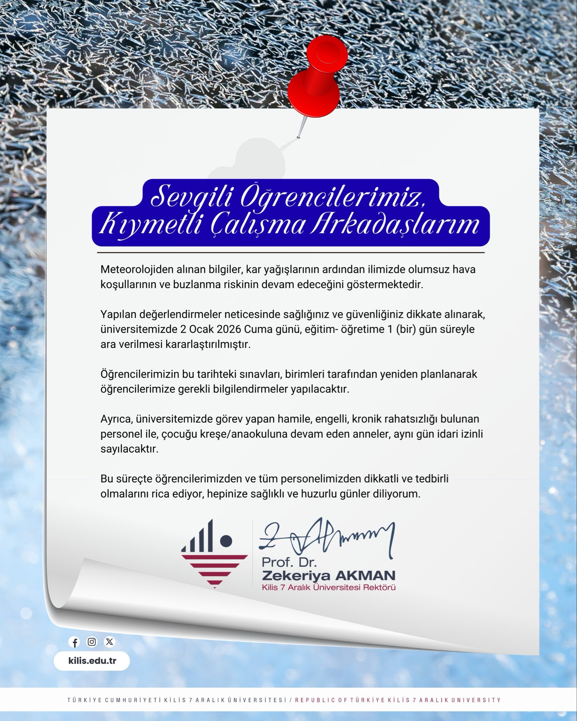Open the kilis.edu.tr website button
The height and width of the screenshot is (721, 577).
pyautogui.click(x=92, y=661)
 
